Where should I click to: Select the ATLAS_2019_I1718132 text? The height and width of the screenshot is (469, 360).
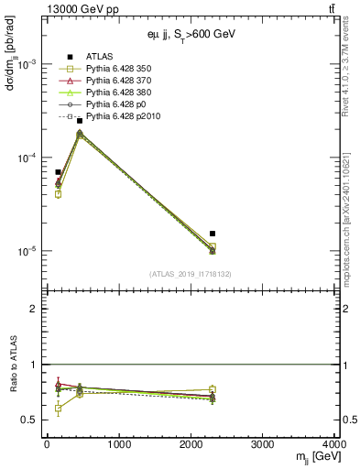pyautogui.click(x=190, y=274)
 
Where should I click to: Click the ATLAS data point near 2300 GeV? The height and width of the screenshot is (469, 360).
pyautogui.click(x=213, y=234)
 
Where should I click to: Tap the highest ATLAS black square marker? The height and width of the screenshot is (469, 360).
pyautogui.click(x=80, y=121)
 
